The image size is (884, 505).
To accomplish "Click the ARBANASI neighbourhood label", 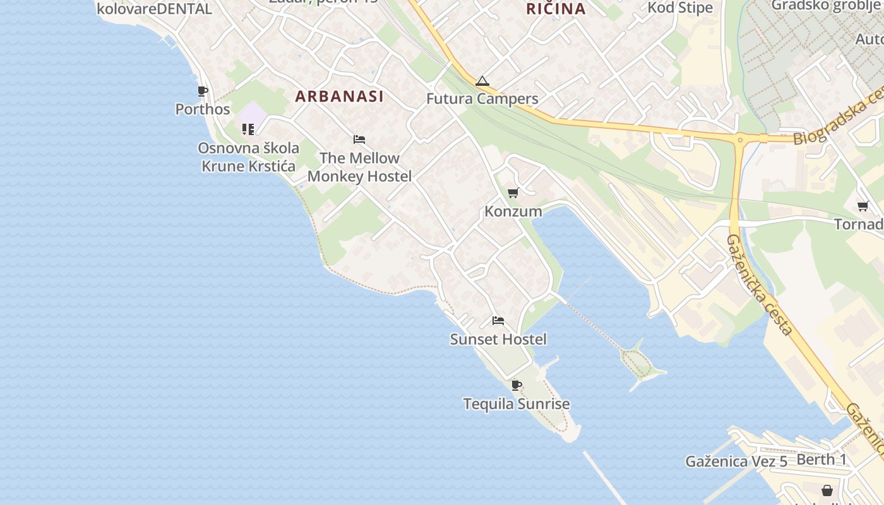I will click(339, 97).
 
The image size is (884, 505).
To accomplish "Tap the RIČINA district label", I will click(556, 9).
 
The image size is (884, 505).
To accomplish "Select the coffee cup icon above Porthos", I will click(202, 92).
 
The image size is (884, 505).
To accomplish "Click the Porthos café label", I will click(203, 109).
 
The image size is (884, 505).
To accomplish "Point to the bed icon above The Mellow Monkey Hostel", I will click(359, 140).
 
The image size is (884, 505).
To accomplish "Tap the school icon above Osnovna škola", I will click(248, 129).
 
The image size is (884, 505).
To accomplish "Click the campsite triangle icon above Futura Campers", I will click(482, 81).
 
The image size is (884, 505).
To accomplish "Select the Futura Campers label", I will click(482, 99).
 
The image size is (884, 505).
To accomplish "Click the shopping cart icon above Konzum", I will click(513, 193).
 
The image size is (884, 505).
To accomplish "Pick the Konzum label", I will click(513, 211).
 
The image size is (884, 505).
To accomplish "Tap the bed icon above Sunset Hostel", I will click(498, 321).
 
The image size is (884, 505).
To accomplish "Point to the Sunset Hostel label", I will click(498, 340).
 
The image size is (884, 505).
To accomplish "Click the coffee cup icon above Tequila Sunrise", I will click(517, 385).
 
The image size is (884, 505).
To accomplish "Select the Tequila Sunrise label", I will click(517, 404).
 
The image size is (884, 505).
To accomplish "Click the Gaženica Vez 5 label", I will click(736, 461).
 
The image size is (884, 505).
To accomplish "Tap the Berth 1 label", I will click(821, 460).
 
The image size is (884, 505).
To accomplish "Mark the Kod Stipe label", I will click(680, 8).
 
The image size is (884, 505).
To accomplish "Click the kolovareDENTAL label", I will click(154, 9).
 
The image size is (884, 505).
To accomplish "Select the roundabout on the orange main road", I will click(740, 139).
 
